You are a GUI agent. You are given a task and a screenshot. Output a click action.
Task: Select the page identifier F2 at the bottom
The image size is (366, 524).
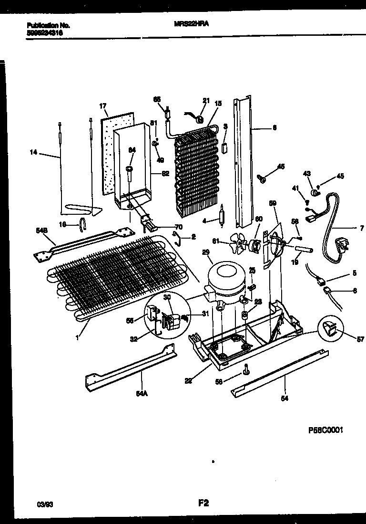click(203, 502)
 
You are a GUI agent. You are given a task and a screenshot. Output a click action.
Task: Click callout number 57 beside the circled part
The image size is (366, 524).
click(360, 339)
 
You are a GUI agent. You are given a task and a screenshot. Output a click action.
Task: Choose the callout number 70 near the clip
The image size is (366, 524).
click(179, 227)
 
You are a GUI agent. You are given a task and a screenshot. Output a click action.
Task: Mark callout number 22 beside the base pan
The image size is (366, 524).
click(189, 380)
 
